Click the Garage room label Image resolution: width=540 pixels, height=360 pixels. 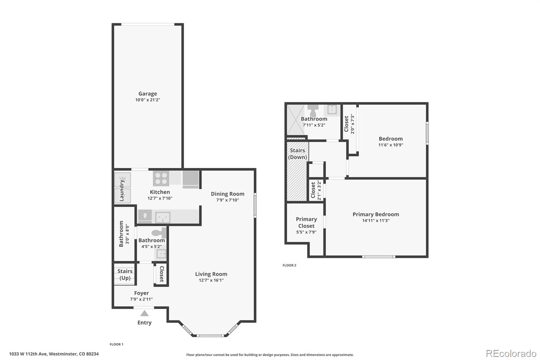(x=147, y=94)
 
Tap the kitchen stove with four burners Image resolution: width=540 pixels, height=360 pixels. (x=161, y=178)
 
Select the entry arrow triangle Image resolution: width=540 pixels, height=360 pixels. (x=144, y=313)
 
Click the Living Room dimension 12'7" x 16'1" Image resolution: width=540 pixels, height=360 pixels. (x=211, y=280)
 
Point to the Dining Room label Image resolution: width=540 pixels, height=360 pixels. (x=227, y=194)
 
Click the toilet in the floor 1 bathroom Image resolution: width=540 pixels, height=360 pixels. (x=159, y=233)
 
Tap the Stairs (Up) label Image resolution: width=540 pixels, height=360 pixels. (x=125, y=275)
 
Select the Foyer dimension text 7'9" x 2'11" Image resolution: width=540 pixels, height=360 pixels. (x=141, y=299)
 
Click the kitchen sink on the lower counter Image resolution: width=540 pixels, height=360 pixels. (x=163, y=217)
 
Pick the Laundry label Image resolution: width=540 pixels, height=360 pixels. (x=122, y=190)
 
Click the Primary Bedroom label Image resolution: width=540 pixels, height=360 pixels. (x=376, y=214)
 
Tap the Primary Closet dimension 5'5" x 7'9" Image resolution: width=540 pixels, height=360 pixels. (x=306, y=232)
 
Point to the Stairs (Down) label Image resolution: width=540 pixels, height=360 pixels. (x=297, y=154)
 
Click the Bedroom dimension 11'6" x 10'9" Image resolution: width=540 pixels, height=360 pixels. (x=390, y=145)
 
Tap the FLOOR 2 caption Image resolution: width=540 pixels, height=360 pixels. (x=289, y=265)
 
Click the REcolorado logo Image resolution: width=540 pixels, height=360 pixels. (x=511, y=354)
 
